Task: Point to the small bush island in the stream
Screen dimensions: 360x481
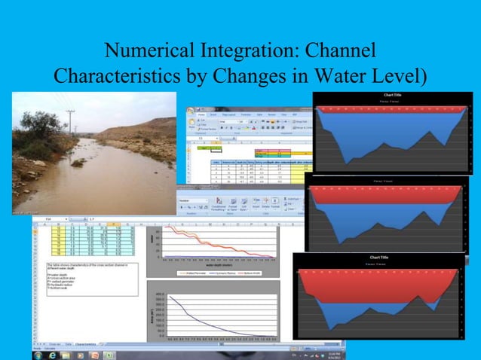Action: coord(78,162)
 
